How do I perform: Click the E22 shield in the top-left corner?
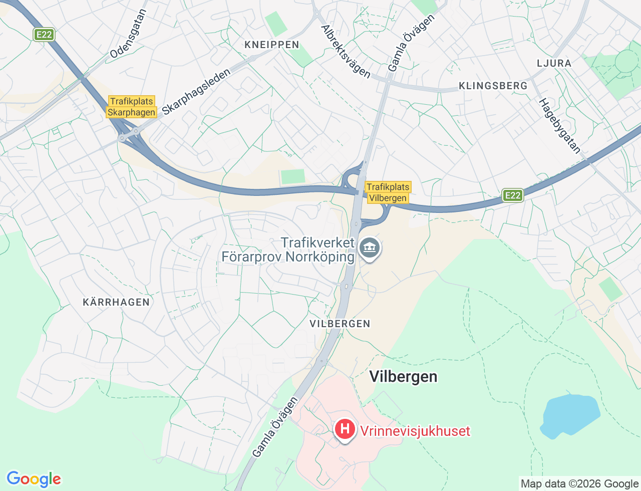coord(44,35)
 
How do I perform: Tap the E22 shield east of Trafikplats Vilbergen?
coord(513,195)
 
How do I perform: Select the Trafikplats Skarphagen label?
coord(132,107)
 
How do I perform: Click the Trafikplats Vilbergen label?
coord(388,192)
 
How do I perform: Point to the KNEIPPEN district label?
coord(272,45)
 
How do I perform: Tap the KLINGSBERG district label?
coord(493,86)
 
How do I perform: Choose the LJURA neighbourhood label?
coord(554,63)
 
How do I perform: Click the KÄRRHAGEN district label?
coord(116,302)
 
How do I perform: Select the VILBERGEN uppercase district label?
coord(340,324)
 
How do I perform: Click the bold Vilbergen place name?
coord(403,377)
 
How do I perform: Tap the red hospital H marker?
coord(345,429)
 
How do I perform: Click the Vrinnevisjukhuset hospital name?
coord(415,431)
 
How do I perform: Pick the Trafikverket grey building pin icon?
coord(370,248)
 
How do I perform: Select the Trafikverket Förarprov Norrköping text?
coord(288,250)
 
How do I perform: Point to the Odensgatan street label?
coord(128,34)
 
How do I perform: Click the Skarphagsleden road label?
coord(196,92)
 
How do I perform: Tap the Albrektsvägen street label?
coord(346,52)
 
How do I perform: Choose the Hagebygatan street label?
coord(560,126)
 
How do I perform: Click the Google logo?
coord(34,479)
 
